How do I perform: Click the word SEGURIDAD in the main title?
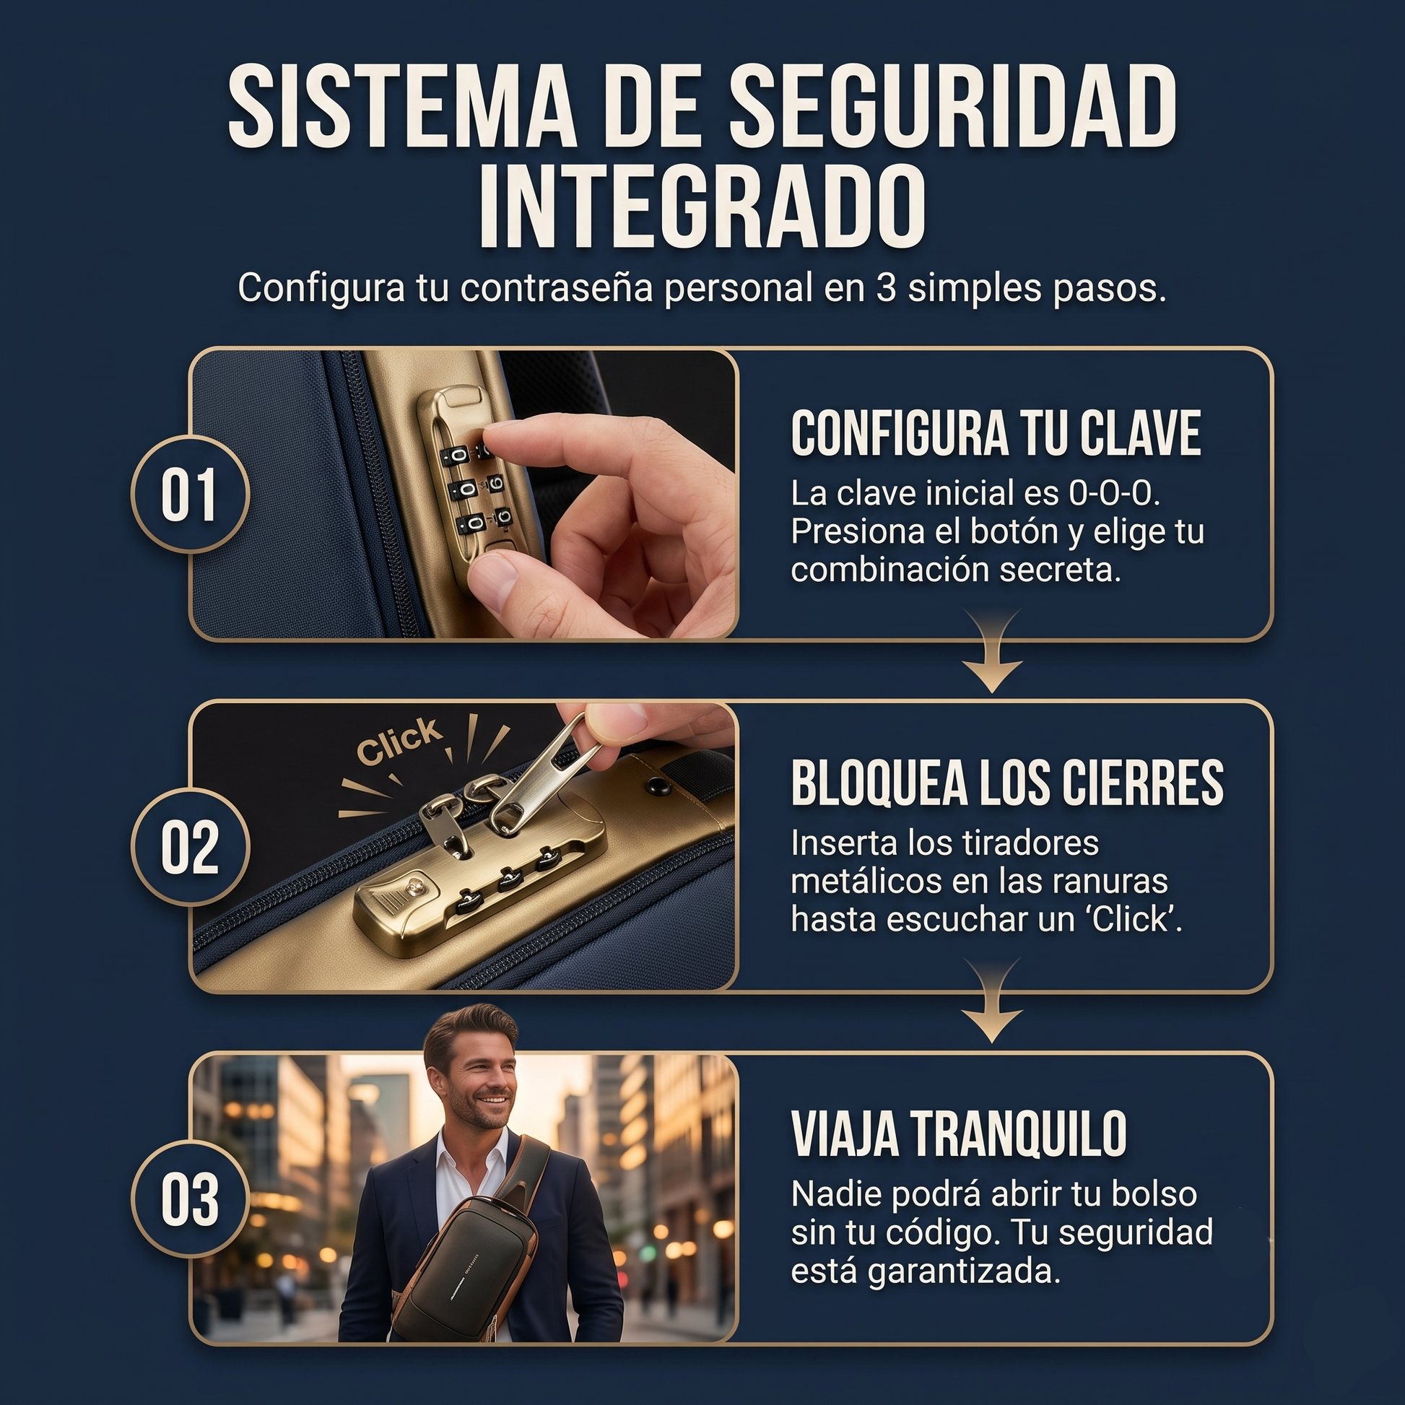(953, 106)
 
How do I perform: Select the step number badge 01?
(191, 495)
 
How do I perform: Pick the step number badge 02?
(191, 846)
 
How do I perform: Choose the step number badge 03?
(191, 1199)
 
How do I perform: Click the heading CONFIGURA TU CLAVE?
(996, 433)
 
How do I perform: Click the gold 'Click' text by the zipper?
(399, 741)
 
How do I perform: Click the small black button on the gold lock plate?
(659, 787)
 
